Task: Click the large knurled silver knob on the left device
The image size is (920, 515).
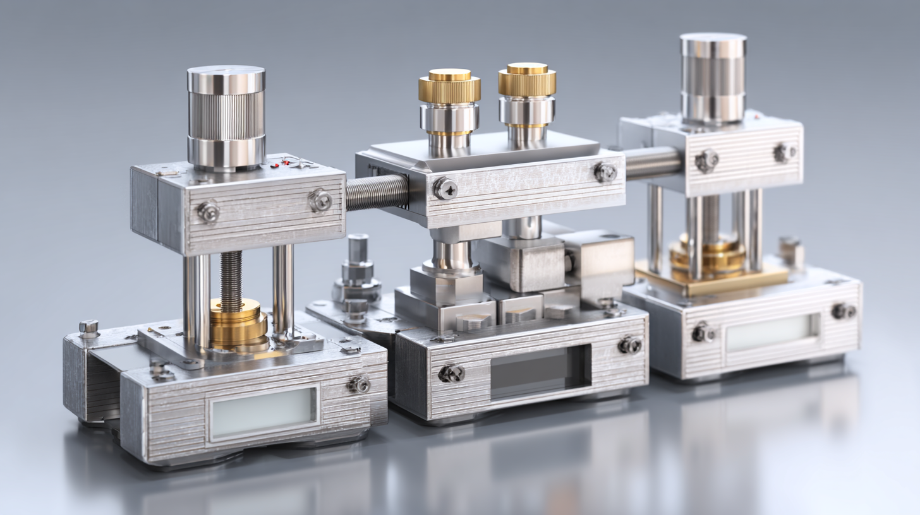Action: [226, 117]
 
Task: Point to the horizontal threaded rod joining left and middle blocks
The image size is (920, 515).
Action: [377, 193]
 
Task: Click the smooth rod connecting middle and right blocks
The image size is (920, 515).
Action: [652, 162]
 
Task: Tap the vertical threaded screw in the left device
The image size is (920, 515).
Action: [231, 281]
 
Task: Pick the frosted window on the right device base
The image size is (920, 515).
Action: [770, 333]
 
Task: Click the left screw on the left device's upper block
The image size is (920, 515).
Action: [208, 212]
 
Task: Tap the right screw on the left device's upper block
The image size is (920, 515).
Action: [320, 201]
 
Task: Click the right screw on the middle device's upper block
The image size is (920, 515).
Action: [605, 172]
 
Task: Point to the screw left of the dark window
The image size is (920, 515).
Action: [451, 373]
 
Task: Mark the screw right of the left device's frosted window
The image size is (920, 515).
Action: [359, 384]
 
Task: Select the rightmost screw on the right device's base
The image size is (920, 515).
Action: [842, 311]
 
